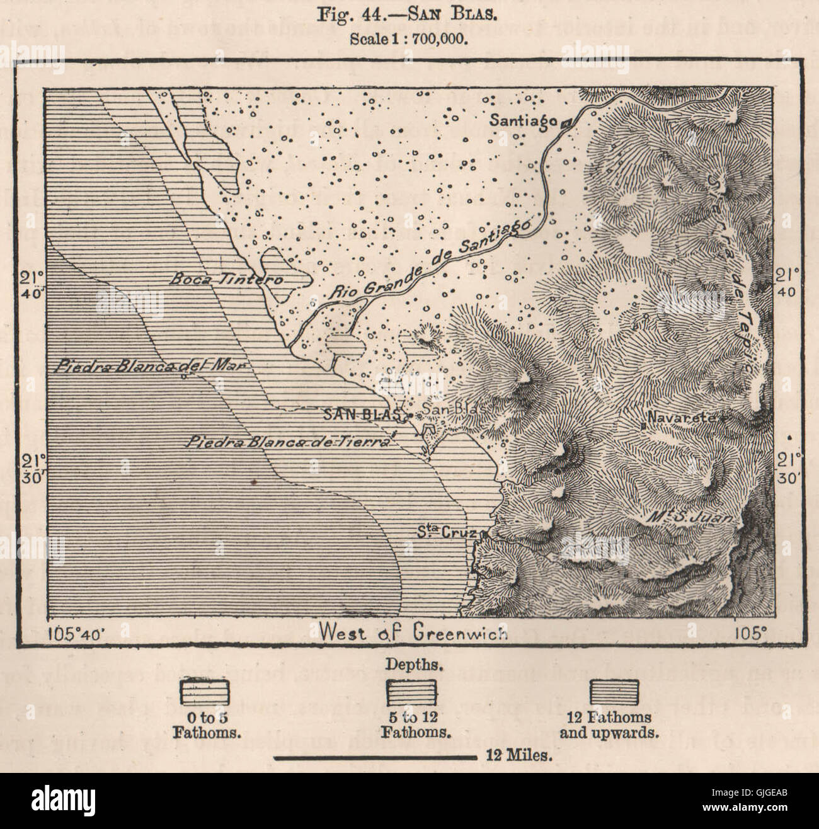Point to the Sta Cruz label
pos(444,530)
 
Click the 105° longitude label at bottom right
pos(748,632)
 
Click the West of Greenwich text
pos(413,632)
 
